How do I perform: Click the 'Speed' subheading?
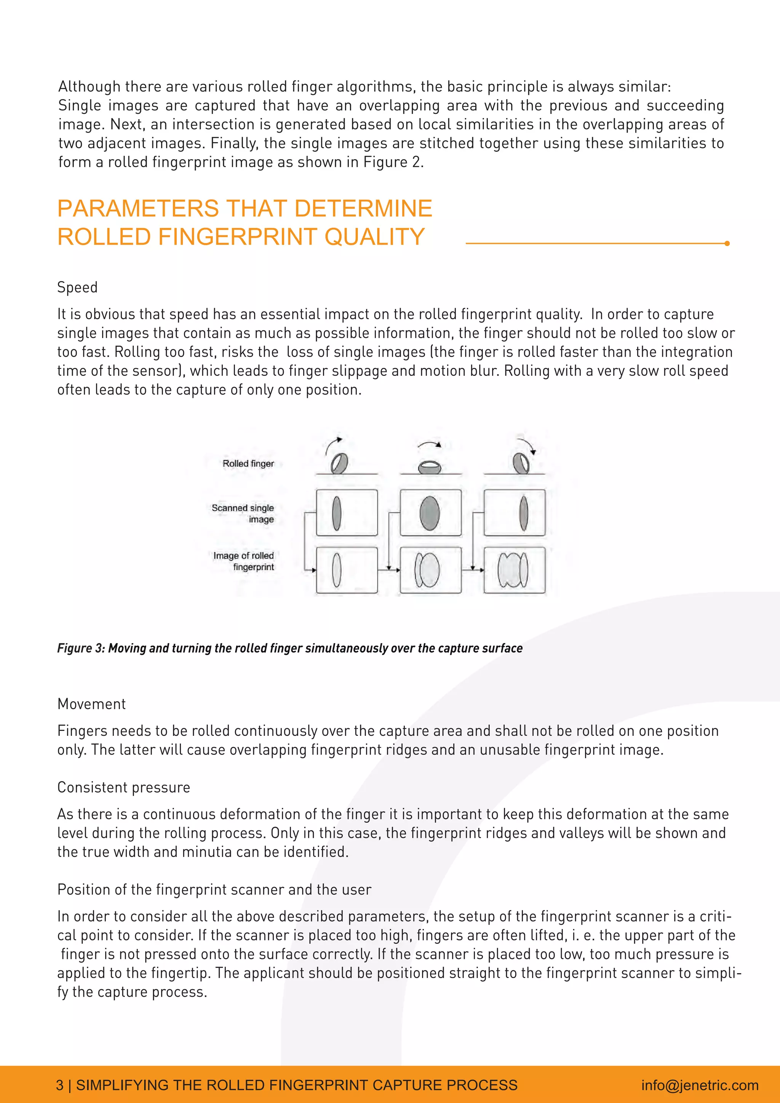(x=77, y=287)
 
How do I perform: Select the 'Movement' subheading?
(x=91, y=704)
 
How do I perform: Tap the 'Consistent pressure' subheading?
(x=123, y=787)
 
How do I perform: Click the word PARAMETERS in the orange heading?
(x=138, y=208)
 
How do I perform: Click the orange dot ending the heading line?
(x=727, y=243)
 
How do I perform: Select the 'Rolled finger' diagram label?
(x=248, y=464)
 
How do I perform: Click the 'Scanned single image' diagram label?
(x=243, y=513)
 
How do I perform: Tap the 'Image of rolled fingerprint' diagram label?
(x=245, y=561)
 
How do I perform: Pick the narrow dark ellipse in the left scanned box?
(x=337, y=513)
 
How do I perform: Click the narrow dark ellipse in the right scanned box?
(x=524, y=513)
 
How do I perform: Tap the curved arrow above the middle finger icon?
(x=429, y=444)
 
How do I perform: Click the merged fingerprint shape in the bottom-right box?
(x=513, y=570)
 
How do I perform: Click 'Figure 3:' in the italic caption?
(x=81, y=648)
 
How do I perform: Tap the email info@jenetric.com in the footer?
(x=699, y=1085)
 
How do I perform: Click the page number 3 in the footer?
(x=59, y=1085)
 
